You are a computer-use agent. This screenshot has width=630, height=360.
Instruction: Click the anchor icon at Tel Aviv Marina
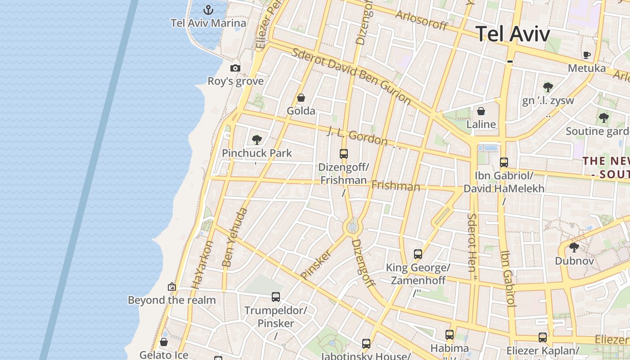(x=208, y=9)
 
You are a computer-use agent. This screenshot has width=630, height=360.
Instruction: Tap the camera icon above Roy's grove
(x=235, y=68)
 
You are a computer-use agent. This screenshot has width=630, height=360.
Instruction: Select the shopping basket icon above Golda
(x=301, y=98)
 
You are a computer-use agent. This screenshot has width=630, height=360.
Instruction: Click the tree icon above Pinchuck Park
(x=257, y=140)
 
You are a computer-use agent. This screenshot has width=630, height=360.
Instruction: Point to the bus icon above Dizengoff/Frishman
(x=344, y=154)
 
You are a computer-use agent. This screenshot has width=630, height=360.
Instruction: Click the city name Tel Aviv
(x=513, y=34)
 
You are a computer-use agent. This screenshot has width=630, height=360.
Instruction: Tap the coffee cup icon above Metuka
(x=587, y=55)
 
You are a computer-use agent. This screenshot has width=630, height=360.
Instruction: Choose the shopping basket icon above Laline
(x=481, y=111)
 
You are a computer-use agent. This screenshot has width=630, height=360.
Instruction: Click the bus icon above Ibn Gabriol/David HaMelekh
(x=504, y=162)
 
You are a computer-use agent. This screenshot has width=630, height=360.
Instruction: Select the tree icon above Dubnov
(x=574, y=247)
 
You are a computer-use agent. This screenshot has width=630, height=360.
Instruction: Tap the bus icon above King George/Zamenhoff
(x=418, y=254)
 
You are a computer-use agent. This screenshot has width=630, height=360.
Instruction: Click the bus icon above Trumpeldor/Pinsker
(x=276, y=297)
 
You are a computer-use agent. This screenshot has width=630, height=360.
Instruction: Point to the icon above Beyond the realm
(x=171, y=287)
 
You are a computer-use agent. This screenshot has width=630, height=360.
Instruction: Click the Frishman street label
(x=396, y=185)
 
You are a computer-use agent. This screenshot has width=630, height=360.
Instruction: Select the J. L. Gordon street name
(x=357, y=136)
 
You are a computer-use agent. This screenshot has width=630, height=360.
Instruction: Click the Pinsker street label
(x=316, y=265)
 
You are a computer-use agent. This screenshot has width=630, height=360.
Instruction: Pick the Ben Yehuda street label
(x=235, y=237)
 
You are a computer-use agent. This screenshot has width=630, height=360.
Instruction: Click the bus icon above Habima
(x=450, y=335)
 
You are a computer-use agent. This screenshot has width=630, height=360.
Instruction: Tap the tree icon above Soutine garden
(x=603, y=118)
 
